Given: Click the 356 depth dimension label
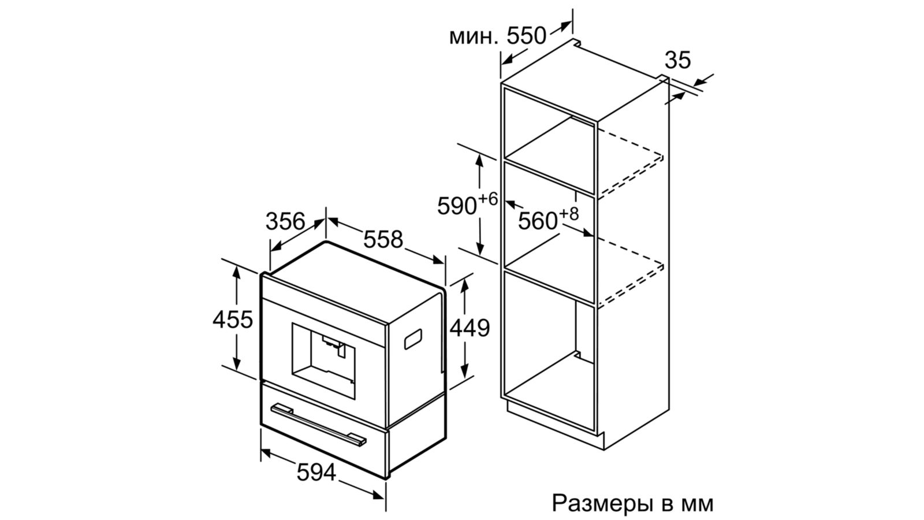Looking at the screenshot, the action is (285, 221).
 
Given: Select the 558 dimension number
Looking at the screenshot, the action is (383, 239).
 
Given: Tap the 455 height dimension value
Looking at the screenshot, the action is (233, 319).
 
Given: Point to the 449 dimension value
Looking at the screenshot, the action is (470, 328).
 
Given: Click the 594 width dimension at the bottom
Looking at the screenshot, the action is (316, 472).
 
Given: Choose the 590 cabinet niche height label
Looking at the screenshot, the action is (457, 206).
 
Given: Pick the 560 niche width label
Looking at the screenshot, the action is (538, 221).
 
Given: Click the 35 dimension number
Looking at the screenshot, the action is (678, 60).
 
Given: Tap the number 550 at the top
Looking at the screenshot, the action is (526, 36).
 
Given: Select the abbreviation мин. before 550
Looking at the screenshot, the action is (474, 37).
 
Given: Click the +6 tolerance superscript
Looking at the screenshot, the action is (488, 199).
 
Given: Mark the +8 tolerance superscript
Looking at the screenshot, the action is (569, 214).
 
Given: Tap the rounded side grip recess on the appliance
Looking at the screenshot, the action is (413, 339).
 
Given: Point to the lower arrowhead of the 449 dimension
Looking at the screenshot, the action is (465, 371).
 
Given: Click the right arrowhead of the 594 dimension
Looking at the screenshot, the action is (378, 495).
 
